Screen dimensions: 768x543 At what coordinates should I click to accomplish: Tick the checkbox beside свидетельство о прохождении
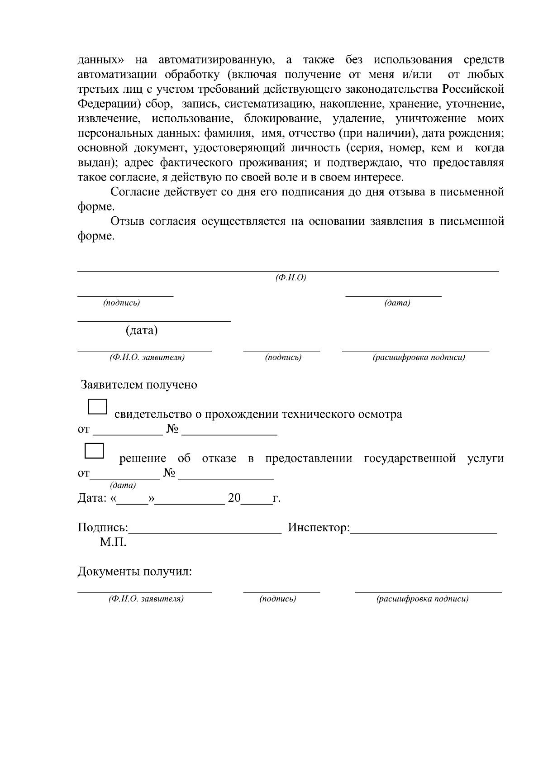tap(97, 407)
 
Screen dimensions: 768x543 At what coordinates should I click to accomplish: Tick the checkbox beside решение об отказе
tap(95, 451)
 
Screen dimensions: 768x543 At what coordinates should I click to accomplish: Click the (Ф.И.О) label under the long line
tap(291, 278)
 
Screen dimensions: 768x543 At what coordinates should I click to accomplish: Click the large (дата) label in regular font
tap(142, 331)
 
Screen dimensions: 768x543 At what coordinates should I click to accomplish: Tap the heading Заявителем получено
tap(139, 385)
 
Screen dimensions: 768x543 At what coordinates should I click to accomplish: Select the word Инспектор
tap(319, 528)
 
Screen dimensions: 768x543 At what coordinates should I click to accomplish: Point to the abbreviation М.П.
tap(113, 542)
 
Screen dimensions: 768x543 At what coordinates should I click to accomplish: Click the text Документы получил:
tap(135, 572)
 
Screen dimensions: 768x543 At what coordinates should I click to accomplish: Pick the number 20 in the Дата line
tap(234, 498)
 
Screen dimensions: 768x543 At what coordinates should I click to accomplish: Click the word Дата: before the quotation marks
tap(92, 498)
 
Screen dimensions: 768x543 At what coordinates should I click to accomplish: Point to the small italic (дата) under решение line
tap(123, 486)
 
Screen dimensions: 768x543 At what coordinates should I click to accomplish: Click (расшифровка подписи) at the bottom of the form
tap(423, 599)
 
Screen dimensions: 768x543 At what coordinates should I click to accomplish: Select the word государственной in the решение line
tap(410, 458)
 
